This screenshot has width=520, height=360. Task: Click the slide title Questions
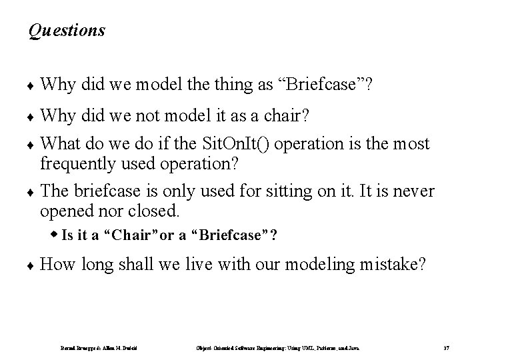pyautogui.click(x=67, y=31)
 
